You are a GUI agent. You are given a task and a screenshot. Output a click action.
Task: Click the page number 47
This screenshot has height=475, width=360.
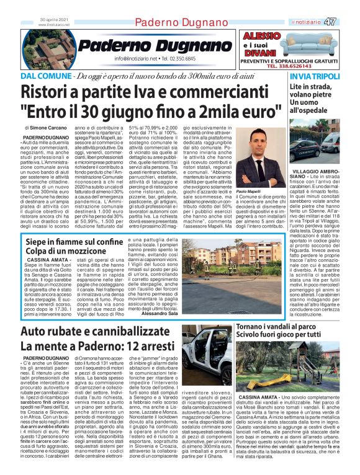(x=348, y=22)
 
